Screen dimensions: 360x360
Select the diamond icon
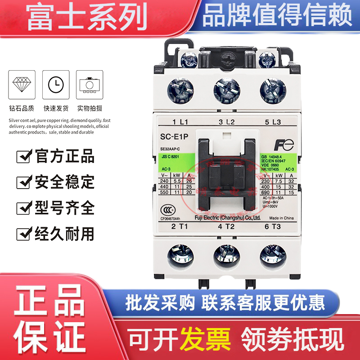[x=22, y=84]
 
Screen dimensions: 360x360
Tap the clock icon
[x=56, y=84]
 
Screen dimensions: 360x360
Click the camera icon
[x=90, y=84]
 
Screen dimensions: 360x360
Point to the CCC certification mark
[x=167, y=210]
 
